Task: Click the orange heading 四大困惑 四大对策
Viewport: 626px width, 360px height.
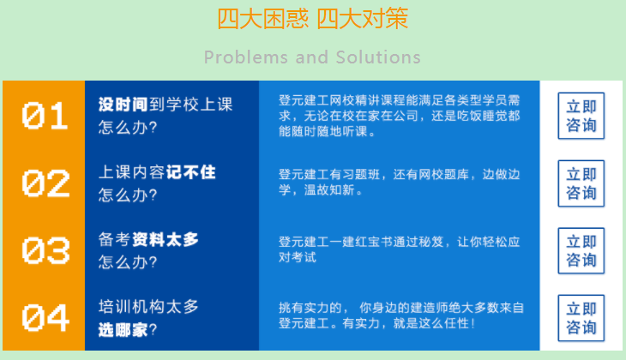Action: tap(313, 18)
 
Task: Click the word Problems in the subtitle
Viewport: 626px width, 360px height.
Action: tap(245, 57)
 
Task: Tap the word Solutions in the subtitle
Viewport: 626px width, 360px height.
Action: tap(378, 57)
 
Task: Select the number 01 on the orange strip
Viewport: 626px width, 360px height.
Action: tap(45, 116)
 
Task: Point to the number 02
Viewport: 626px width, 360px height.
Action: tap(45, 183)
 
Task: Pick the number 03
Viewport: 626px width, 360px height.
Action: tap(45, 250)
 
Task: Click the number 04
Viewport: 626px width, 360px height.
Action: tap(45, 318)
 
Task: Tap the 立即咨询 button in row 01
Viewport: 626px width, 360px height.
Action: tap(581, 116)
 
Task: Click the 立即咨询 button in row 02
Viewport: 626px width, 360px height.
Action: tap(581, 183)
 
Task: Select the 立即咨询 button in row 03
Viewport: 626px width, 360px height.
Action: tap(581, 250)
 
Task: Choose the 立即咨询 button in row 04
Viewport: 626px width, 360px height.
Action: tap(581, 318)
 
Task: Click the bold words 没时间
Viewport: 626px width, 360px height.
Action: tap(123, 105)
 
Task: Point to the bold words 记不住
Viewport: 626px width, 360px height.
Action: tap(191, 172)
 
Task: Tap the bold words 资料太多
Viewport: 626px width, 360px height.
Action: tap(166, 239)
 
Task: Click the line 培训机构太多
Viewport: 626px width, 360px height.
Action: tap(148, 307)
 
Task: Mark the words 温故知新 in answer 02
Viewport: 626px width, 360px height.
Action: tap(329, 190)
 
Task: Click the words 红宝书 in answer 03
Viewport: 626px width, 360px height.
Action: tap(374, 242)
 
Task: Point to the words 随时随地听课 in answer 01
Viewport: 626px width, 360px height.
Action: tap(329, 131)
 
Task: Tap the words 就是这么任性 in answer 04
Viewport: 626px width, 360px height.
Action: tap(431, 323)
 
